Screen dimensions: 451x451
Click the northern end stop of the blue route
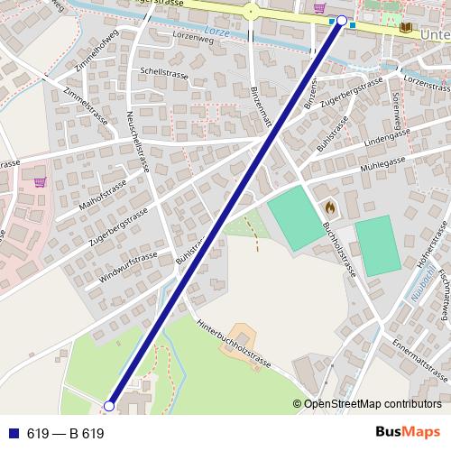pyautogui.click(x=342, y=20)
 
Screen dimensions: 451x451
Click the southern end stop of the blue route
pyautogui.click(x=109, y=407)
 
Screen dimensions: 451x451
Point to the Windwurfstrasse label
pyautogui.click(x=128, y=268)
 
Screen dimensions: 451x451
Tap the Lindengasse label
pyautogui.click(x=366, y=140)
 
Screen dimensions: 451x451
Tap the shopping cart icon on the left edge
pyautogui.click(x=40, y=180)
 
